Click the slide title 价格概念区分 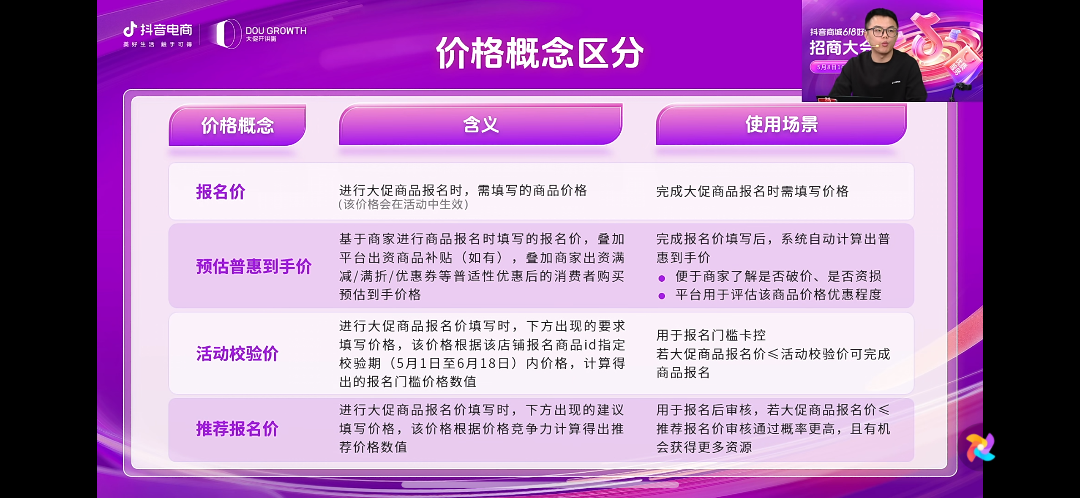(x=540, y=53)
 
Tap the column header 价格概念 (x=237, y=125)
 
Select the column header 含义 (x=481, y=125)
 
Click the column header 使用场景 (x=781, y=125)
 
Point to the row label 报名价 (x=221, y=192)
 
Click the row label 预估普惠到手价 (x=254, y=267)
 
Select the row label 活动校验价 (x=237, y=354)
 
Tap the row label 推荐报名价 (x=237, y=429)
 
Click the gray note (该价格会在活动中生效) (x=403, y=204)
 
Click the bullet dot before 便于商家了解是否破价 (x=662, y=278)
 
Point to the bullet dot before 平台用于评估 (x=662, y=296)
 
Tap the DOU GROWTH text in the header (x=276, y=31)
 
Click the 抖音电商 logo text (x=166, y=30)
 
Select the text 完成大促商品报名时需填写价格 (x=752, y=191)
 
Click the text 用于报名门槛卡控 (x=711, y=335)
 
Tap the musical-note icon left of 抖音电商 (x=130, y=30)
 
